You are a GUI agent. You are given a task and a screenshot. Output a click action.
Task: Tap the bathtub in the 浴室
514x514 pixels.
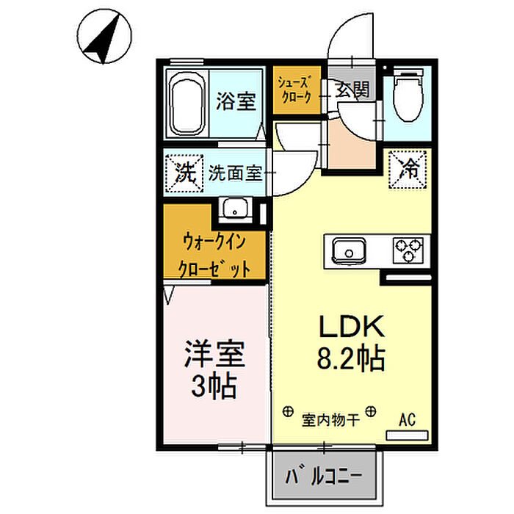[187, 104]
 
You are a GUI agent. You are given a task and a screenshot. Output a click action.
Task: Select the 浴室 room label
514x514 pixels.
[236, 101]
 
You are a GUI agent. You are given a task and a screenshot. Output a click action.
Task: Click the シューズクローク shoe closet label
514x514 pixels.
[294, 90]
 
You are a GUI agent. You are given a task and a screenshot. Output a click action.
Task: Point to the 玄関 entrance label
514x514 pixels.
[352, 89]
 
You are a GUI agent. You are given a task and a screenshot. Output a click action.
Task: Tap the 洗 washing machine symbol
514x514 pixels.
[184, 173]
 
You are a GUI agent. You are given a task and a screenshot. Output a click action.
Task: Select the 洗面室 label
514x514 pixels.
[236, 173]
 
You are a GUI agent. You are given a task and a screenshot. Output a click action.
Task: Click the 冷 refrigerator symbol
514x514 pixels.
[408, 170]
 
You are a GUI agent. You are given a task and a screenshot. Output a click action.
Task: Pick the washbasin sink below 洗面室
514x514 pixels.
[235, 208]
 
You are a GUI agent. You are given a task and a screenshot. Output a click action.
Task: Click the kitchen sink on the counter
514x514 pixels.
[349, 251]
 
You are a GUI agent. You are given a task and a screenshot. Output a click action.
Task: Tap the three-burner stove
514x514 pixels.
[408, 250]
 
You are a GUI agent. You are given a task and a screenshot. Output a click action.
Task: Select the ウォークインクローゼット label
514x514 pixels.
[214, 256]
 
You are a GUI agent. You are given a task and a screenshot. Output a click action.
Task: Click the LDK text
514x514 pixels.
[352, 326]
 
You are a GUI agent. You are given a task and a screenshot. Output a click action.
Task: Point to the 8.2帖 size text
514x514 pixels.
[351, 358]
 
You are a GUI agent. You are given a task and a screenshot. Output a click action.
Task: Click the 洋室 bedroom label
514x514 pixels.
[214, 354]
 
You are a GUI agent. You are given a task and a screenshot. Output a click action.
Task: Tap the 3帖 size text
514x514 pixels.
[214, 385]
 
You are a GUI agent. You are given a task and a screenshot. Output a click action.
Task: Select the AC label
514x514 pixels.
[407, 419]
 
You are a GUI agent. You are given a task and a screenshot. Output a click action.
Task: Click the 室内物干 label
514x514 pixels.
[330, 419]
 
